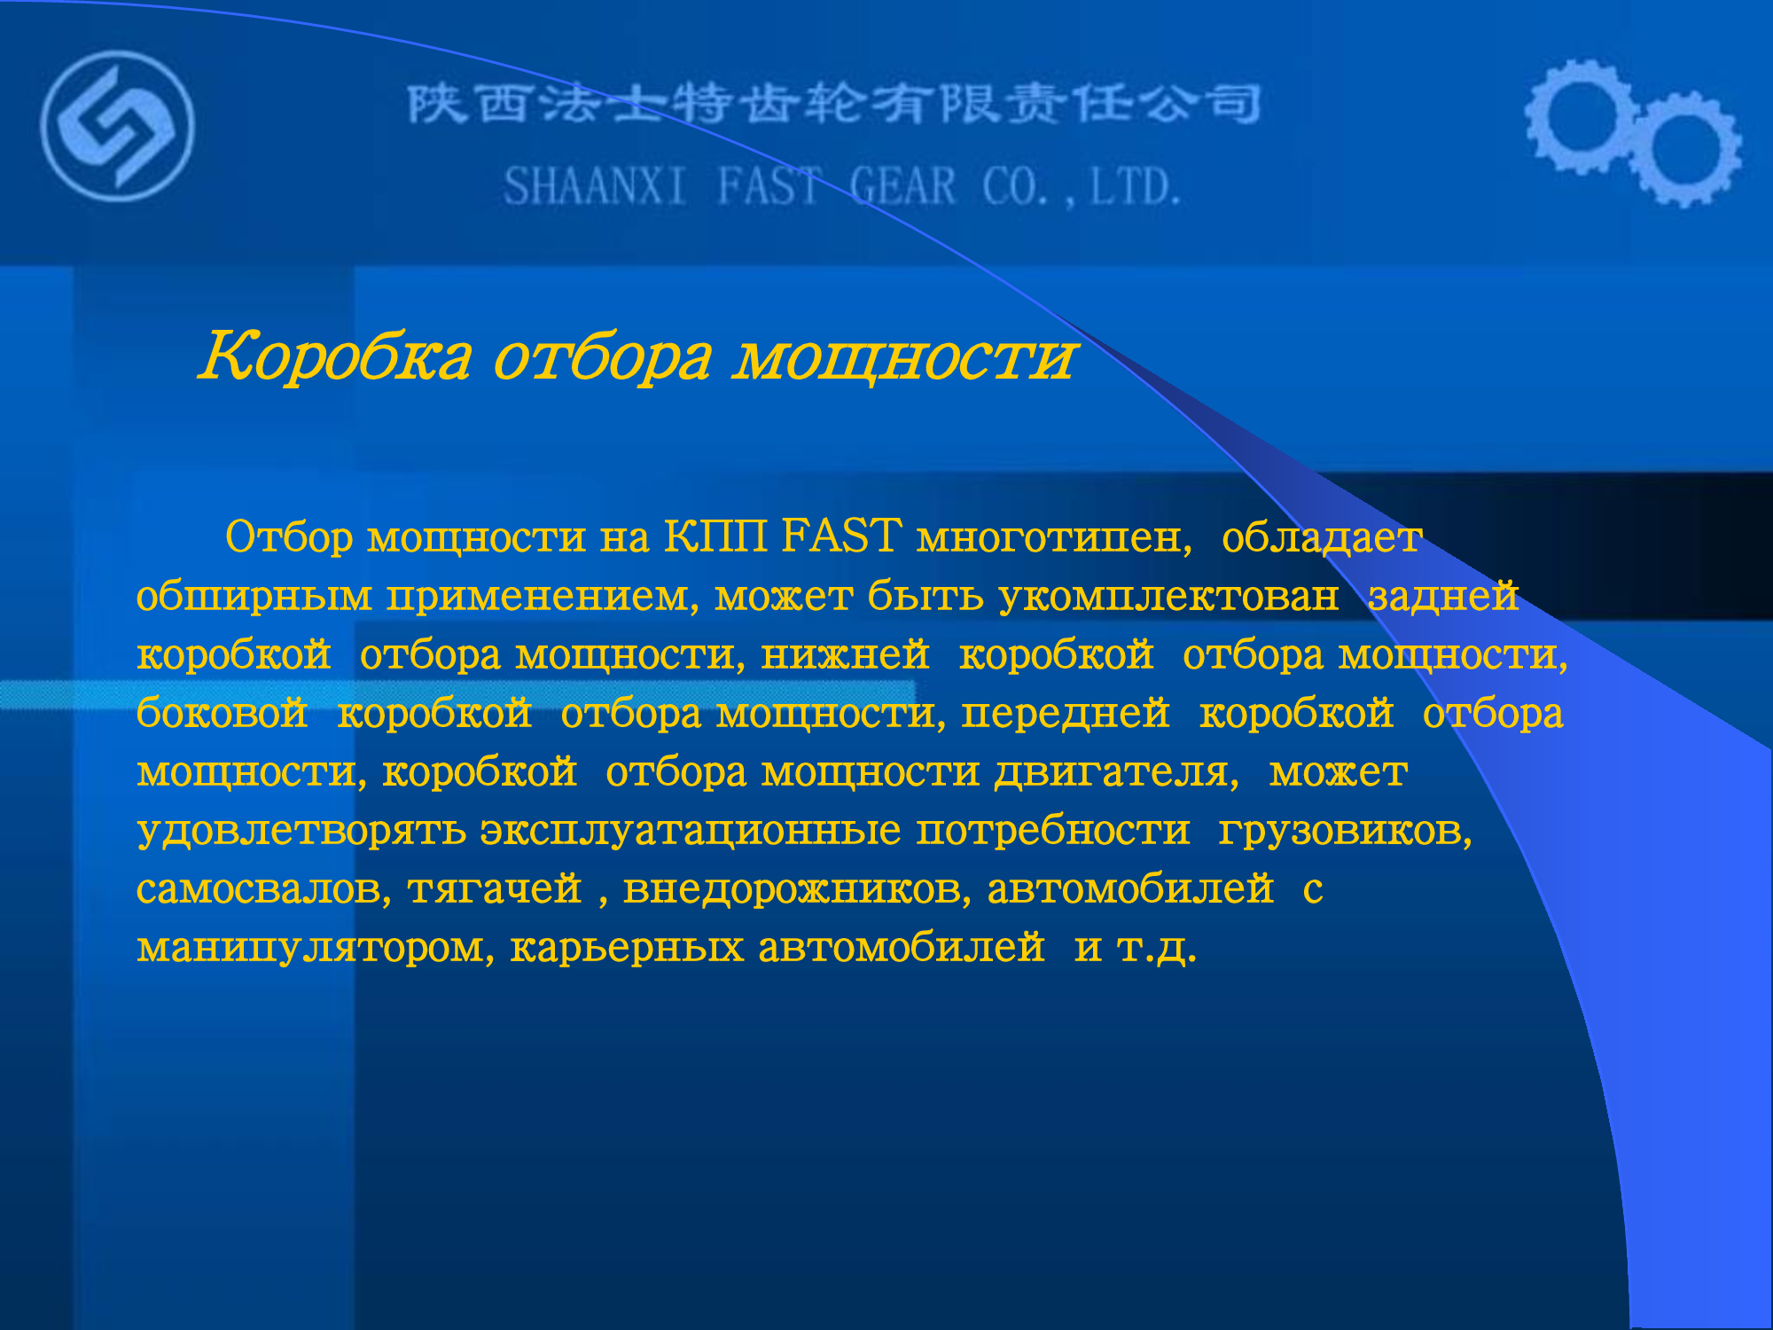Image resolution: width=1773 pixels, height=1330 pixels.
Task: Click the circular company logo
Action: [117, 126]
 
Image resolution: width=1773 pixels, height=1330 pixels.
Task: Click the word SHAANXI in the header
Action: [595, 187]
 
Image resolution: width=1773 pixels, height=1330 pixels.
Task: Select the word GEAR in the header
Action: [902, 187]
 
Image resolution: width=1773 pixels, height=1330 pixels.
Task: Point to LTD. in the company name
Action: [1136, 187]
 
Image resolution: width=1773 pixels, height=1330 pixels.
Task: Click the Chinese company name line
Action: [834, 104]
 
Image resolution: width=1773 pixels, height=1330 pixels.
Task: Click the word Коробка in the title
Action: [335, 356]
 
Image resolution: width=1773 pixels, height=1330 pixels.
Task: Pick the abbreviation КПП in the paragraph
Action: [715, 536]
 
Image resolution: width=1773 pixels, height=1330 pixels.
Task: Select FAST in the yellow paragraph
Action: [842, 536]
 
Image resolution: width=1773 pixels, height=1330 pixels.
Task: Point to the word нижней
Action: [845, 655]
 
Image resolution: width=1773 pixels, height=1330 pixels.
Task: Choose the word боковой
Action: [222, 713]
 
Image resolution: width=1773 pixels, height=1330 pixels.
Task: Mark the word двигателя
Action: [1116, 772]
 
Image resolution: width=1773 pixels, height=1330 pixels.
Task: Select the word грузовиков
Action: [1345, 831]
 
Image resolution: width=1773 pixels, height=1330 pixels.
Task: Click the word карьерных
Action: [627, 948]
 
